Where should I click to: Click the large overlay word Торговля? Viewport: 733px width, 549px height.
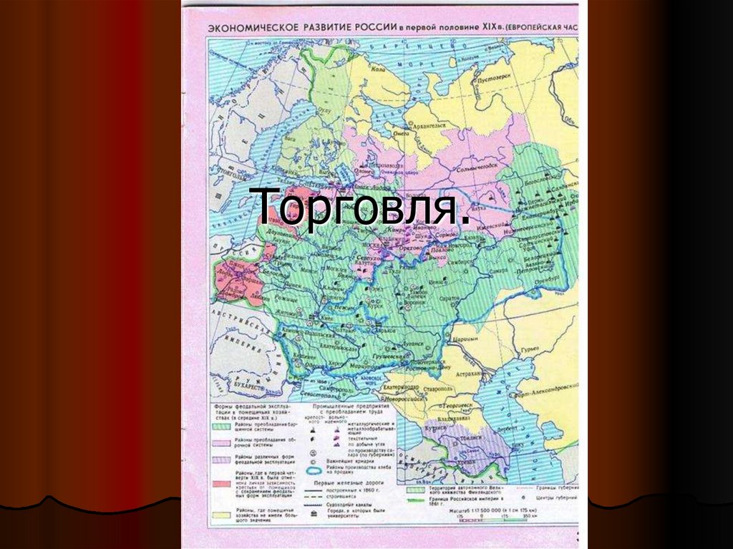coord(364,207)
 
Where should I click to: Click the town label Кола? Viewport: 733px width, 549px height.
coord(377,71)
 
